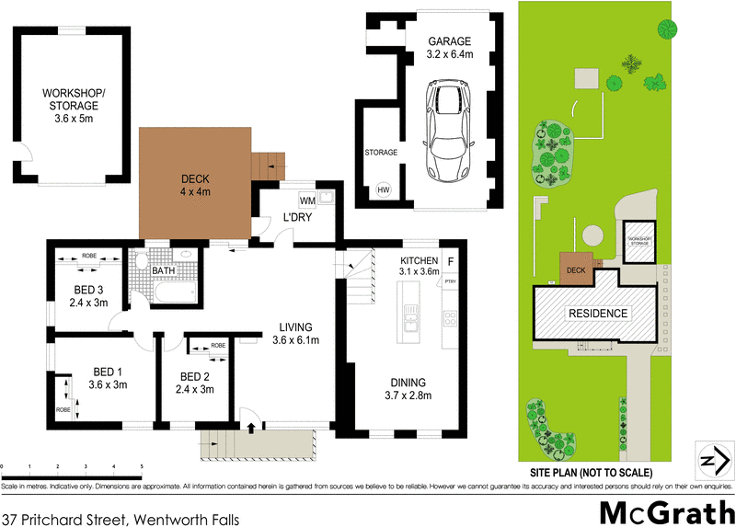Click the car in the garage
tap(448, 130)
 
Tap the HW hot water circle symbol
tap(383, 190)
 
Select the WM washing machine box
tap(307, 200)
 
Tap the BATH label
tap(164, 271)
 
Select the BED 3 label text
tap(91, 295)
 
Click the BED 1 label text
tap(109, 378)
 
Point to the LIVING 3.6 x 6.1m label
tap(296, 333)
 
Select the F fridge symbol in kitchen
tap(450, 262)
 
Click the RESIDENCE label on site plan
tap(598, 314)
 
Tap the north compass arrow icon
tap(709, 460)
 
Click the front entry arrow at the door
tap(251, 427)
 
